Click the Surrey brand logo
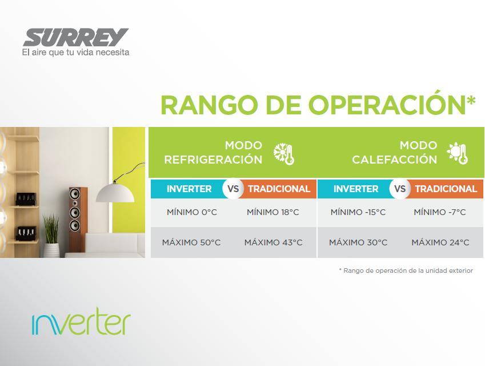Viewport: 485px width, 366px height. [76, 38]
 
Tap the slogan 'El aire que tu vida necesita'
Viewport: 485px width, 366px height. [75, 52]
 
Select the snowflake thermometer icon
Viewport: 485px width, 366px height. [284, 154]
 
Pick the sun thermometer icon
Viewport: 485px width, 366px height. [457, 153]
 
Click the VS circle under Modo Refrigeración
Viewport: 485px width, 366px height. [233, 189]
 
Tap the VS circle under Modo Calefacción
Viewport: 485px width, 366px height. [400, 189]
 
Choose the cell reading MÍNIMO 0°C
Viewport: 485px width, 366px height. [192, 212]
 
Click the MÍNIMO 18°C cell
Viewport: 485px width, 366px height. [273, 212]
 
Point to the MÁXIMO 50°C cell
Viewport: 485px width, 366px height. [191, 242]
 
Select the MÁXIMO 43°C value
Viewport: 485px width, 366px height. [274, 242]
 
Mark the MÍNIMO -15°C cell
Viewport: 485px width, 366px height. [358, 212]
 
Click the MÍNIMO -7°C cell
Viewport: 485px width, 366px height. [439, 212]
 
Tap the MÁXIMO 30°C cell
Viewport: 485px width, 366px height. [358, 242]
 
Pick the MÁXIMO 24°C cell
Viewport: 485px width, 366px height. [440, 242]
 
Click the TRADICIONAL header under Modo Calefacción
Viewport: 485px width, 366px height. [446, 189]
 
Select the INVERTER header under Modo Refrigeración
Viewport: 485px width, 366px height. [189, 189]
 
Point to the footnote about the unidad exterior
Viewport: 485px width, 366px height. [406, 270]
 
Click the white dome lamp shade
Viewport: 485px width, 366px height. [115, 193]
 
